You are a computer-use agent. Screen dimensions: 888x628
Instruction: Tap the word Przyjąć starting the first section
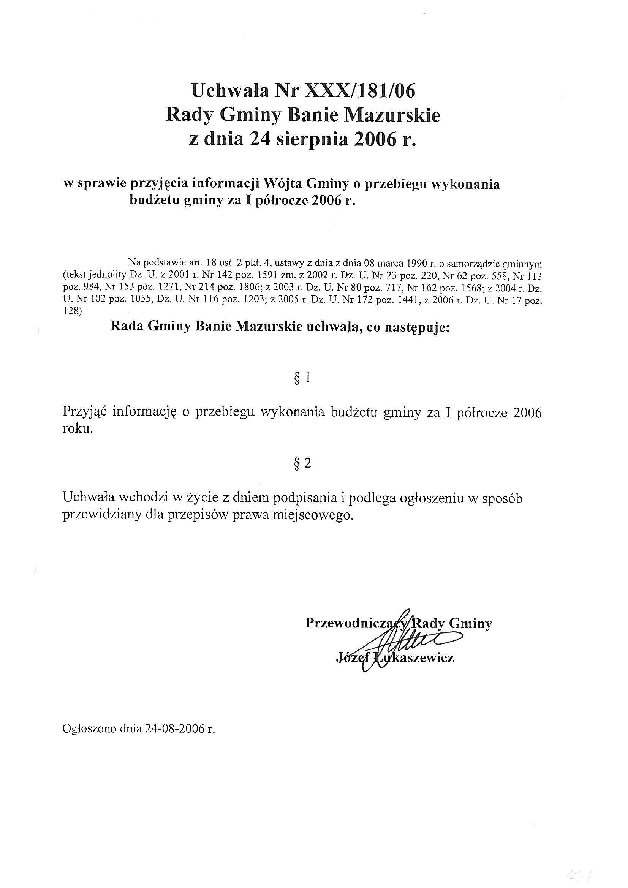click(85, 412)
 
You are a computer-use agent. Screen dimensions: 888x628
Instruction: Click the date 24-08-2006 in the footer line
click(174, 728)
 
